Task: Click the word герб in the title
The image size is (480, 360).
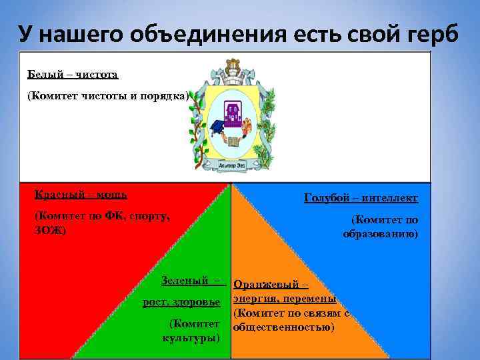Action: (433, 32)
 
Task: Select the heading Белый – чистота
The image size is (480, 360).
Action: (73, 74)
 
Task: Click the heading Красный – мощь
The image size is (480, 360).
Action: (81, 195)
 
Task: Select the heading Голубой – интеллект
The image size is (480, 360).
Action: (361, 198)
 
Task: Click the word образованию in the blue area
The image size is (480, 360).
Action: (380, 234)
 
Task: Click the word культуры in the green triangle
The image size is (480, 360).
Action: (191, 337)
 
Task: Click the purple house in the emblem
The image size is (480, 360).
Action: (233, 111)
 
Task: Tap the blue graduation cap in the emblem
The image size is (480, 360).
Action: (217, 127)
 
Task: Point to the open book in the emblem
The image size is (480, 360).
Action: (233, 141)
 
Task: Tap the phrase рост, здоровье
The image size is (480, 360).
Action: (181, 303)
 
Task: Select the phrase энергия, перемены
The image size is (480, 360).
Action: (284, 299)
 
